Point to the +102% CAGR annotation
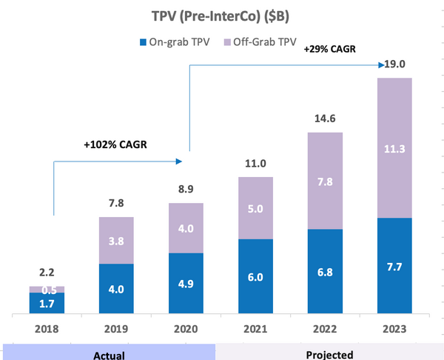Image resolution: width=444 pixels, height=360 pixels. [115, 144]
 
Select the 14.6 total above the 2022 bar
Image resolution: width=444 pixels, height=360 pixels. [324, 119]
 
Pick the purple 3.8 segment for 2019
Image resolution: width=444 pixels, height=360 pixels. [117, 240]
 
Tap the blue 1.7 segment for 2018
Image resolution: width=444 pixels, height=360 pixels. [47, 302]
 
